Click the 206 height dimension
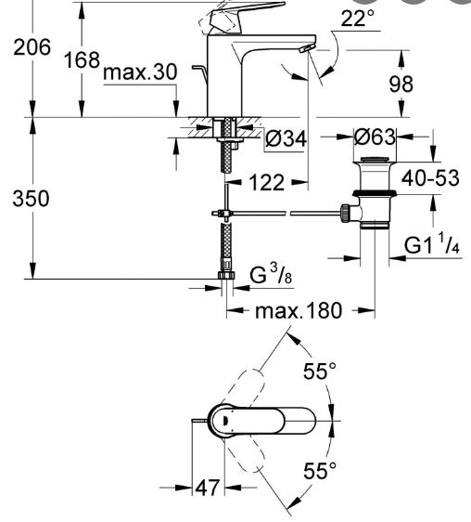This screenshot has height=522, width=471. (32, 47)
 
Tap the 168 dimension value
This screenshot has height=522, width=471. (82, 60)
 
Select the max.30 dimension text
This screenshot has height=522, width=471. (140, 72)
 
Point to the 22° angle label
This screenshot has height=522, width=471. (357, 18)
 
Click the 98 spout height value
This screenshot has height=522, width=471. (401, 84)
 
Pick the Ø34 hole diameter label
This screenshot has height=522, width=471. (286, 138)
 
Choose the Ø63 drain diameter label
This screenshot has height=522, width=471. (375, 137)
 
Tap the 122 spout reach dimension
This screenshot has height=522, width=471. (267, 182)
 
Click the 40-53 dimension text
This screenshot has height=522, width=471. (430, 178)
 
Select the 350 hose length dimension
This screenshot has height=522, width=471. (31, 199)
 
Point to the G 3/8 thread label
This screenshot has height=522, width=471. (271, 274)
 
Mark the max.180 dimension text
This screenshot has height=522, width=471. (299, 310)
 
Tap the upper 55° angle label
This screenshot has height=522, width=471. (320, 371)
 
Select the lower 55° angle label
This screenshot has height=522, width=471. (320, 471)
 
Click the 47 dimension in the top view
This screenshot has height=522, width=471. (208, 488)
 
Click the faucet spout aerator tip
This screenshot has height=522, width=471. (306, 48)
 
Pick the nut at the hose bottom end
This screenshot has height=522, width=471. (226, 275)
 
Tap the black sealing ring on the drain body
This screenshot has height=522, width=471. (375, 193)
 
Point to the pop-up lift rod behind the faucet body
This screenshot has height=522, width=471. (200, 72)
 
